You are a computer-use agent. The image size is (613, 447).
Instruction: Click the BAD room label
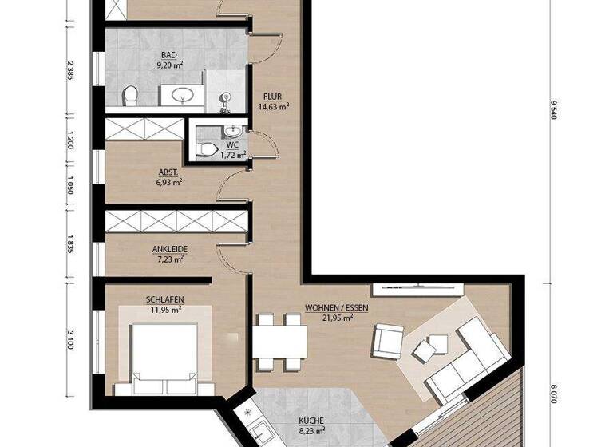(x=168, y=56)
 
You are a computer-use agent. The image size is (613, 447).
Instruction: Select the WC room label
(x=232, y=144)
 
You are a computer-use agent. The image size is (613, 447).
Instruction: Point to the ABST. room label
(x=168, y=171)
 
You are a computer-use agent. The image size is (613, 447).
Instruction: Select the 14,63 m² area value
(x=273, y=105)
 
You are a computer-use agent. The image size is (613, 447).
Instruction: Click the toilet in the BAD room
(x=131, y=97)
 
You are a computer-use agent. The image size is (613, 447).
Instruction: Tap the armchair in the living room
(x=387, y=342)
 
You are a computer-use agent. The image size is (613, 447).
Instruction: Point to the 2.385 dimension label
(x=71, y=72)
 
